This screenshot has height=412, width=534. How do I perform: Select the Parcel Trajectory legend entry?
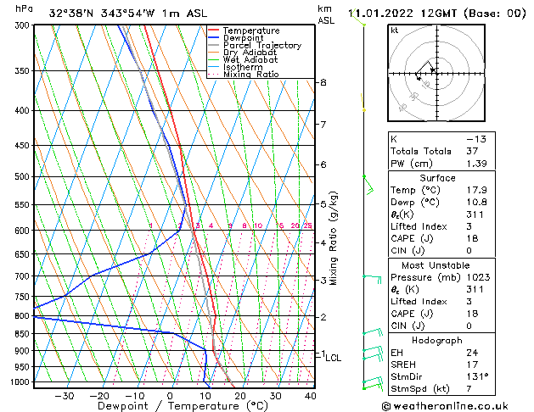pos(261,46)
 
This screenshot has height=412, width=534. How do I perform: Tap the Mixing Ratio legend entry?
pos(250,75)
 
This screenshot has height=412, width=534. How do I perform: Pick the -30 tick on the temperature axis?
pos(65,395)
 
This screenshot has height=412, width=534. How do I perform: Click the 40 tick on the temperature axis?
pos(310,395)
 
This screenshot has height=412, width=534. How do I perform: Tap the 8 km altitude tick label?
pos(323,82)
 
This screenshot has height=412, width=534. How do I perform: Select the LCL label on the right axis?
pos(333,359)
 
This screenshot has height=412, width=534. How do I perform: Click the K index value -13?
pos(476,138)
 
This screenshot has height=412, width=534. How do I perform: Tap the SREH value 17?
pos(472,364)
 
